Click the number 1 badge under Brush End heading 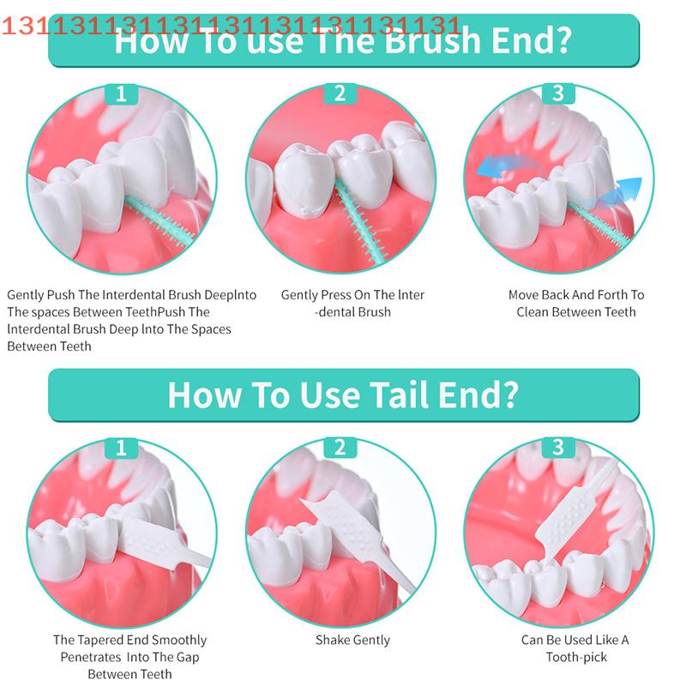pos(121,93)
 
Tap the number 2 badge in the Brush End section pos(340,93)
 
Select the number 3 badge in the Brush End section pos(559,93)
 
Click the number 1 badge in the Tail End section pos(121,448)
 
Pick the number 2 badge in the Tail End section pos(340,448)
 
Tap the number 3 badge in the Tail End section pos(559,448)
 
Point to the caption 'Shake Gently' pos(352,640)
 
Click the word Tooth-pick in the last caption pos(575,657)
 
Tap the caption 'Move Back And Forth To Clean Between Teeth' pos(575,303)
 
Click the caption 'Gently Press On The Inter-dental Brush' pos(352,303)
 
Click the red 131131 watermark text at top pos(232,26)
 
